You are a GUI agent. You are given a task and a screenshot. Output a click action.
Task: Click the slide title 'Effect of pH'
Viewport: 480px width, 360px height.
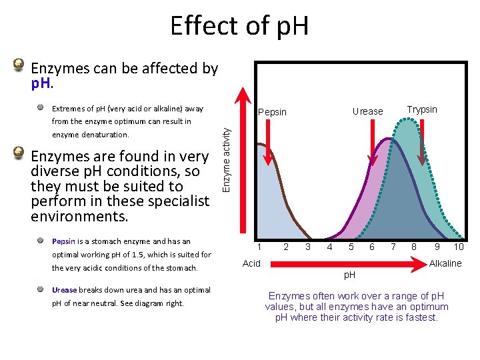(x=239, y=27)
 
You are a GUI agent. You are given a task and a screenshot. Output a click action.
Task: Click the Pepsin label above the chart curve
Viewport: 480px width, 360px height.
(x=272, y=112)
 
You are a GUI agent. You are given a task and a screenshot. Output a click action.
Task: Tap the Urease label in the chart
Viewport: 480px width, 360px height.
(x=367, y=111)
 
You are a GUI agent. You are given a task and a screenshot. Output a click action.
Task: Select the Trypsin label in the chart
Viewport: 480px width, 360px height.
(x=422, y=109)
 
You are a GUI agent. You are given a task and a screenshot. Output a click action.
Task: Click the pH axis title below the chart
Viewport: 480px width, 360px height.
(x=350, y=275)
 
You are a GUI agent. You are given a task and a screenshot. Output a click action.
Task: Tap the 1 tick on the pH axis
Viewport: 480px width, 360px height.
(x=260, y=247)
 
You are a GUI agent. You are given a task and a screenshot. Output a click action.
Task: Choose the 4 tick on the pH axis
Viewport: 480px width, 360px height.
(x=329, y=247)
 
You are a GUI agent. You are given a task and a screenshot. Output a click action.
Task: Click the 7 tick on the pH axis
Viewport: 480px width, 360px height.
(x=393, y=247)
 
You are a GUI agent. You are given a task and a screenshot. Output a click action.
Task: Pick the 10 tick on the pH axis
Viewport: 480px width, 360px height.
(x=459, y=247)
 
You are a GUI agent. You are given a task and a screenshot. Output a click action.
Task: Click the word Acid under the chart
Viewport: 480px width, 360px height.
(x=252, y=263)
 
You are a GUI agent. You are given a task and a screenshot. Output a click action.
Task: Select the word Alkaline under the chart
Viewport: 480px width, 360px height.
(x=445, y=263)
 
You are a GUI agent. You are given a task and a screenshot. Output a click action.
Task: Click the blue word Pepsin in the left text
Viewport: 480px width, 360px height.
(x=64, y=241)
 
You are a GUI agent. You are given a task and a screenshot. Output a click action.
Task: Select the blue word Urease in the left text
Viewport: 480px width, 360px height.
(x=65, y=290)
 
